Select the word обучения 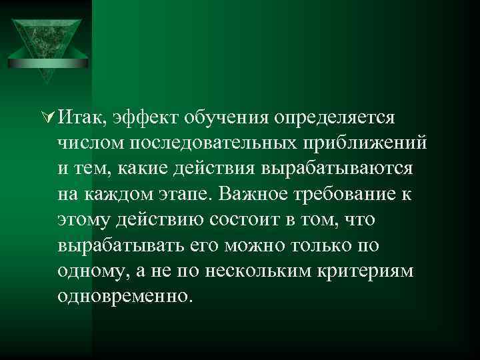click(223, 119)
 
